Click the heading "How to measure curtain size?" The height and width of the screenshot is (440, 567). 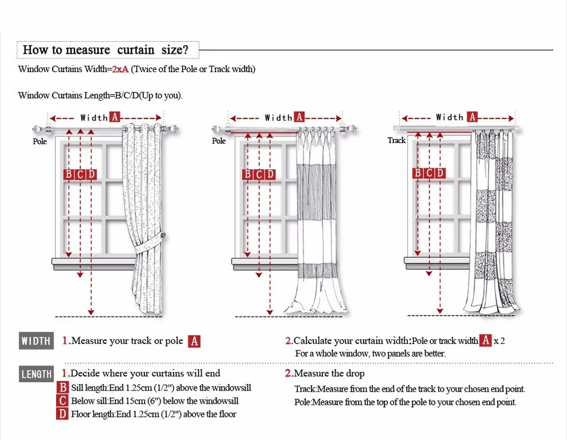106,49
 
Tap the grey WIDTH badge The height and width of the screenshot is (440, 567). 36,341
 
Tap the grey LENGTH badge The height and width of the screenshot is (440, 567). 36,374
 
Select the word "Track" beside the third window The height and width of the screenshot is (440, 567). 396,141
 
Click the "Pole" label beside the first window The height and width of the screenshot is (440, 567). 40,141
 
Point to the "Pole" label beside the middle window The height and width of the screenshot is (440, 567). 219,141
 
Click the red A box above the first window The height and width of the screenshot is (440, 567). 115,117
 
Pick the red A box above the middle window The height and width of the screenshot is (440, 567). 299,117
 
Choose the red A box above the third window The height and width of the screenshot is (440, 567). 472,117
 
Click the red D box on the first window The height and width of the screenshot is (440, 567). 91,175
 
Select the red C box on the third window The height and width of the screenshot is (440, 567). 429,173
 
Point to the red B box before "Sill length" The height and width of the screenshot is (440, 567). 63,388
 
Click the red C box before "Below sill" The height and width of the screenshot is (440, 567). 63,401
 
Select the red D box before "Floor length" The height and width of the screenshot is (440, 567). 63,414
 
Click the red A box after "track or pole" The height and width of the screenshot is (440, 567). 194,342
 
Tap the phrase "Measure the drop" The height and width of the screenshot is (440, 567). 328,374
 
